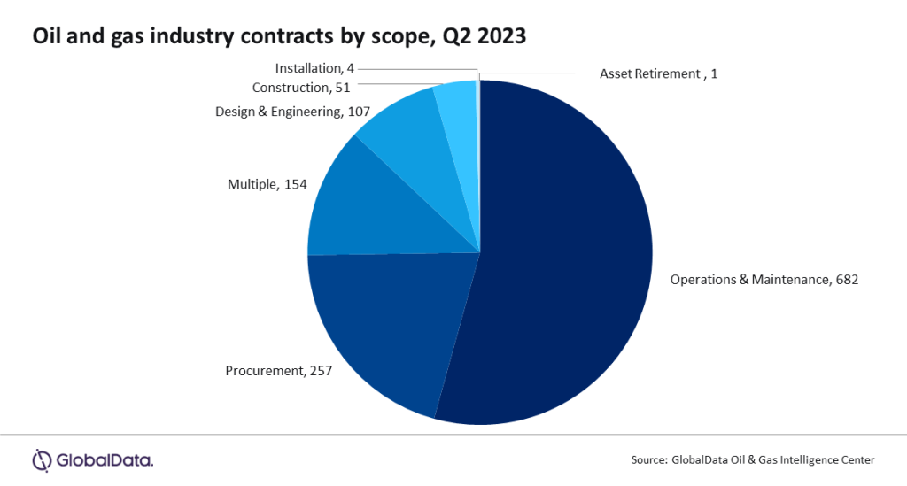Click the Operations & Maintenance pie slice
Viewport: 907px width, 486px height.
click(x=567, y=257)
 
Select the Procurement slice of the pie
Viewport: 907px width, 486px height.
click(x=390, y=328)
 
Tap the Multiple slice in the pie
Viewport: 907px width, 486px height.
click(x=372, y=212)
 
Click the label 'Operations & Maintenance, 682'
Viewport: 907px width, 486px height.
click(x=764, y=279)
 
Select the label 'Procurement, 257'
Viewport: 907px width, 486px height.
click(x=278, y=371)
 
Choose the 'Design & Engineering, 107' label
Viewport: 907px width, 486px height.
click(x=291, y=112)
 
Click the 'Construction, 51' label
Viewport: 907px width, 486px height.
click(x=302, y=88)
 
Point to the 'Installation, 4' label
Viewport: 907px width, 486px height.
click(x=314, y=68)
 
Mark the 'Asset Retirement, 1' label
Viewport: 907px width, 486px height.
click(x=658, y=73)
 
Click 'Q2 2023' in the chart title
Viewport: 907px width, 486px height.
click(x=492, y=37)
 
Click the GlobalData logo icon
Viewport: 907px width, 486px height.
click(x=43, y=459)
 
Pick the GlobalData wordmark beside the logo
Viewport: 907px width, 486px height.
click(x=105, y=459)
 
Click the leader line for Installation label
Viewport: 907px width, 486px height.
click(x=416, y=68)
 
